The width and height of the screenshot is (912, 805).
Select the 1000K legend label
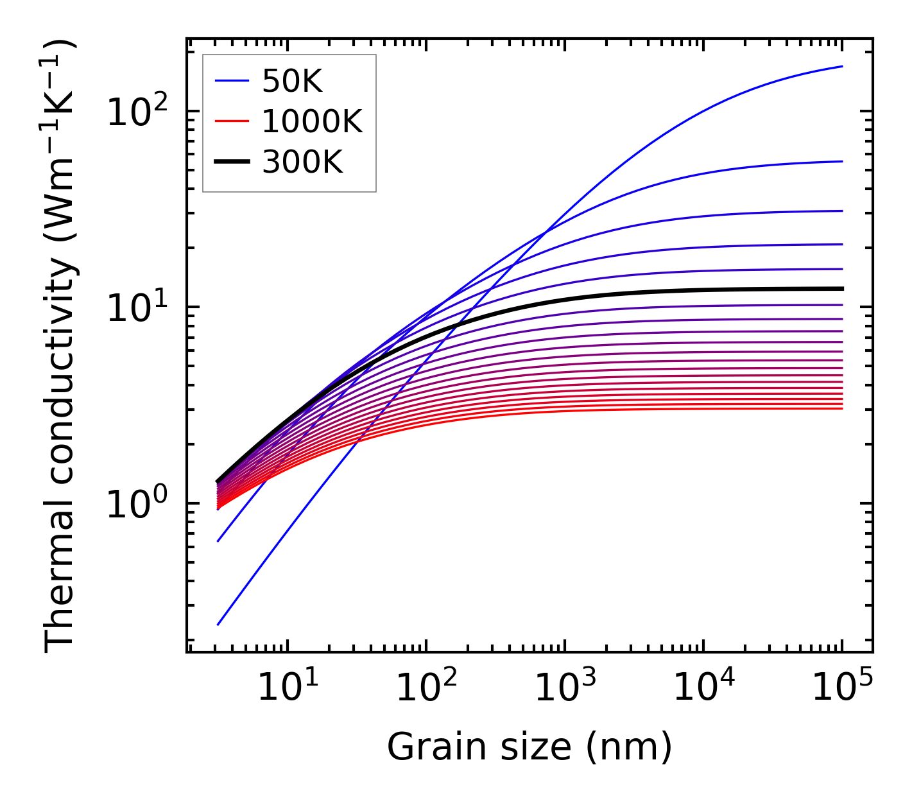point(312,121)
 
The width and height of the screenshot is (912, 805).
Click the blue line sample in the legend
point(231,81)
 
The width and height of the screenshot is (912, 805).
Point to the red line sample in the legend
point(231,121)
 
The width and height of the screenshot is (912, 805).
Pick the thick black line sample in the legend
point(231,162)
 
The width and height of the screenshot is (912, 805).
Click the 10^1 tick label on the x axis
point(288,688)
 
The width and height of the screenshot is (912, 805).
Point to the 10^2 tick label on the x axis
point(426,688)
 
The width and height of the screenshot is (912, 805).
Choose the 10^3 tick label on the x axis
point(565,688)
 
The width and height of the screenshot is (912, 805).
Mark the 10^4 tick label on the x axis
point(703,688)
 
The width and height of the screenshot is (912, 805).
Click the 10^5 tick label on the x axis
point(842,688)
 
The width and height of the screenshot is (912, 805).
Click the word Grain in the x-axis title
point(426,747)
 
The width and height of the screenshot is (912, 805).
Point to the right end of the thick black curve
point(841,289)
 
